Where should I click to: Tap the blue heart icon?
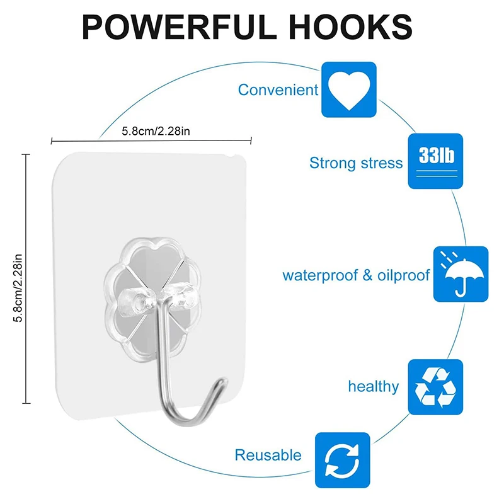pyautogui.click(x=349, y=89)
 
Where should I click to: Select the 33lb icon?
pyautogui.click(x=435, y=161)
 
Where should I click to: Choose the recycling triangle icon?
pyautogui.click(x=435, y=387)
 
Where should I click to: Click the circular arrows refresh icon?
pyautogui.click(x=343, y=459)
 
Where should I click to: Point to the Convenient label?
pyautogui.click(x=278, y=89)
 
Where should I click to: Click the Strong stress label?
pyautogui.click(x=355, y=163)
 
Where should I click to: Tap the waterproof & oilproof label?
pyautogui.click(x=356, y=275)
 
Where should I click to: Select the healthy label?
pyautogui.click(x=373, y=386)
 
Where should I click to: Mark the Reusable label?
pyautogui.click(x=268, y=455)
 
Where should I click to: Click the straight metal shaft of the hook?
pyautogui.click(x=163, y=353)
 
